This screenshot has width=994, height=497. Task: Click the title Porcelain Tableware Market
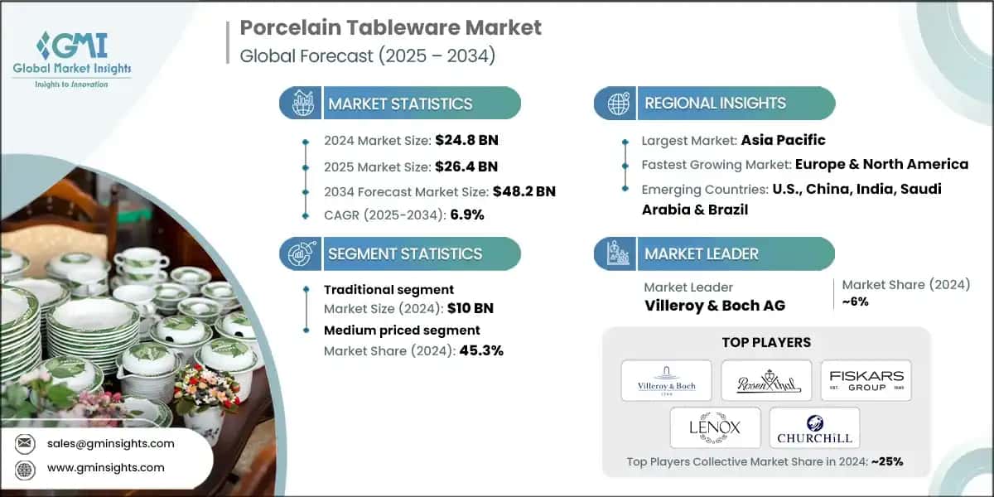click(390, 27)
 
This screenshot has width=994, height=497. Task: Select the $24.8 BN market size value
click(468, 140)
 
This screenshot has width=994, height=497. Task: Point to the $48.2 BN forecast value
click(524, 191)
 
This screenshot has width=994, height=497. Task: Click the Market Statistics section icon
click(301, 104)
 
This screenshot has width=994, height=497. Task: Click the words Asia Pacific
click(783, 140)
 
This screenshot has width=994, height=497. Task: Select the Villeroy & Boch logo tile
click(666, 380)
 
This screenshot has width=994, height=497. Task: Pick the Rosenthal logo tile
click(765, 380)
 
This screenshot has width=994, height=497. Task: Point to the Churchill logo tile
click(814, 427)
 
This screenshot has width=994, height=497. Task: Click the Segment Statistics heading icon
click(300, 253)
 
